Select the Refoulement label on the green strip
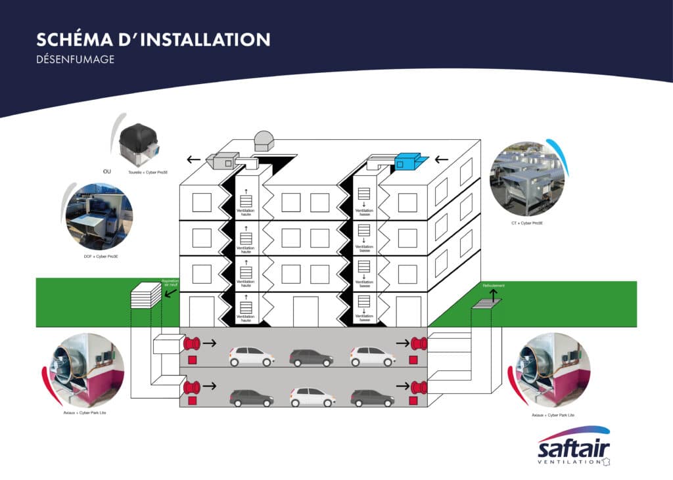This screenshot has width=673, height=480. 494,286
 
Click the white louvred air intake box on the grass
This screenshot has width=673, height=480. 145,296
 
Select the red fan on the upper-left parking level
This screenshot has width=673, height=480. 192,343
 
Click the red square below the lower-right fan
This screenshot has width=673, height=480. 413,401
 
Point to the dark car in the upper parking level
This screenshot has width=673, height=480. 311,357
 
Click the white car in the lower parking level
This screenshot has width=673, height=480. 312,397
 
